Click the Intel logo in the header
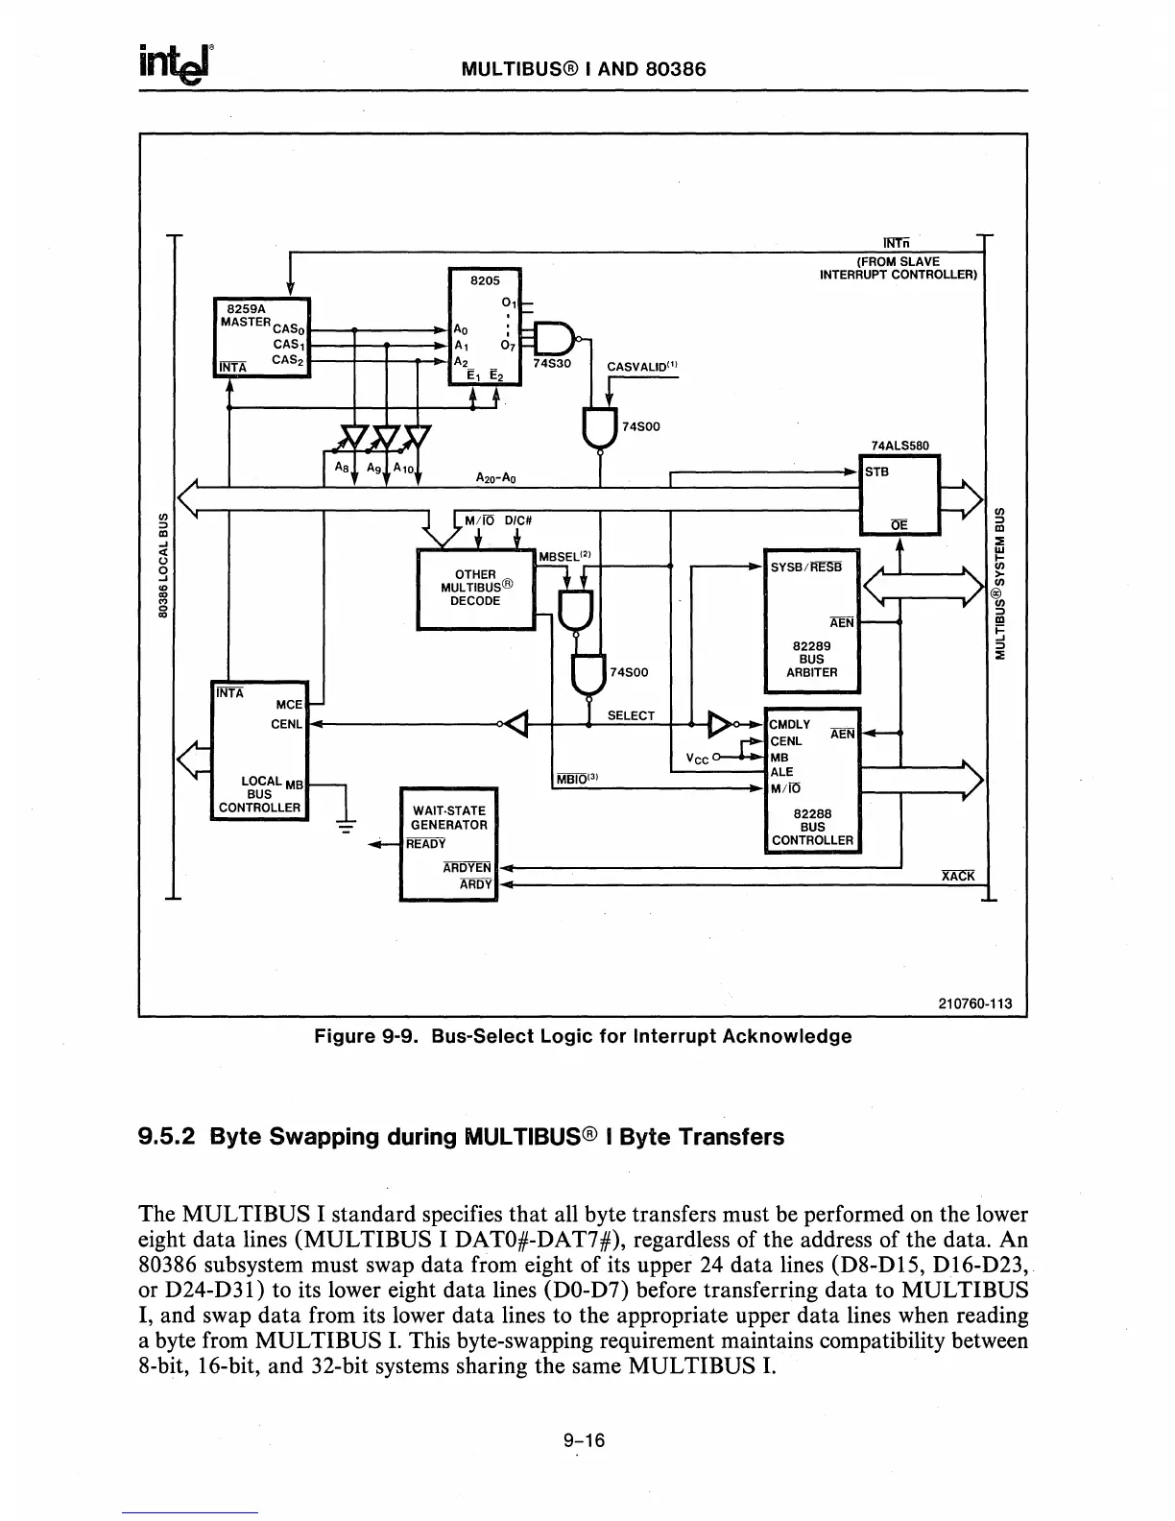pyautogui.click(x=177, y=64)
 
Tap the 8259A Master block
pyautogui.click(x=261, y=339)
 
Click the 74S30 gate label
pyautogui.click(x=550, y=364)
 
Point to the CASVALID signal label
pyautogui.click(x=642, y=365)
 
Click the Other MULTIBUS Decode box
pyautogui.click(x=475, y=588)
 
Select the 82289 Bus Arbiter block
pyautogui.click(x=811, y=620)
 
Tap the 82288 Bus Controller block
pyautogui.click(x=812, y=780)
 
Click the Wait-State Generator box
pyautogui.click(x=448, y=843)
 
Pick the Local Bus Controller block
pyautogui.click(x=259, y=747)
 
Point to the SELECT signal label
pyautogui.click(x=631, y=715)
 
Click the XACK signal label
pyautogui.click(x=958, y=876)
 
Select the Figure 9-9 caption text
pyautogui.click(x=583, y=1036)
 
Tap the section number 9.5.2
pyautogui.click(x=168, y=1137)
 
